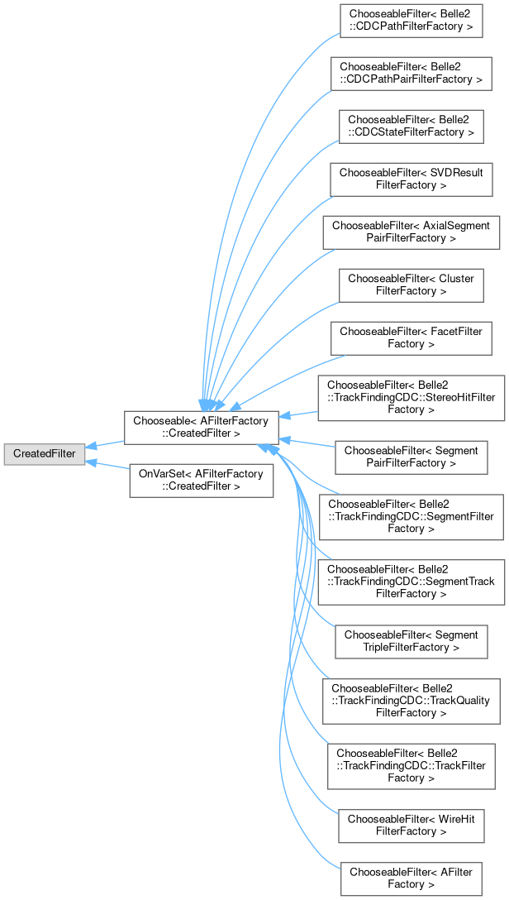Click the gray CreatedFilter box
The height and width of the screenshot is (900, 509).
coord(44,454)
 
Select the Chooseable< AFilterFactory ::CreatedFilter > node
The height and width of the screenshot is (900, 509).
coord(198,427)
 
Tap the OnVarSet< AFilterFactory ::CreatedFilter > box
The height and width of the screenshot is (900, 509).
coord(201,480)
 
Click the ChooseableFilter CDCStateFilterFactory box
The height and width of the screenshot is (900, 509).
coord(411,126)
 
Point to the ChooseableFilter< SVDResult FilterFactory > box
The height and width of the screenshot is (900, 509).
coord(411,179)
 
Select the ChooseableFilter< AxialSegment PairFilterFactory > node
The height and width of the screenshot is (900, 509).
coord(411,232)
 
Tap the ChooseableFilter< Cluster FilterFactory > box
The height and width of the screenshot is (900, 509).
coord(411,285)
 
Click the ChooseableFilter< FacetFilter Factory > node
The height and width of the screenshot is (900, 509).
coord(411,337)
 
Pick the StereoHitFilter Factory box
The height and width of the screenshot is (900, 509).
coord(411,398)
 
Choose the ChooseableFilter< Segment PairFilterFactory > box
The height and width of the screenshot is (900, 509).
coord(411,457)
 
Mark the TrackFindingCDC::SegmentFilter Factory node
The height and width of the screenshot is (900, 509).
coord(411,516)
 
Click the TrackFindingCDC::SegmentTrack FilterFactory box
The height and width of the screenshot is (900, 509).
coord(411,581)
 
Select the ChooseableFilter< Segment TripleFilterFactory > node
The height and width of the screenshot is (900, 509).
coord(411,640)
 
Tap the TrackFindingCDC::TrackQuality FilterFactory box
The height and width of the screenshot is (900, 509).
coord(411,700)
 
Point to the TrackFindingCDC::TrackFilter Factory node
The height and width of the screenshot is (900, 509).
coord(411,765)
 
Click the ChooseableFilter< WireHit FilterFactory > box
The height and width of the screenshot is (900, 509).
coord(411,825)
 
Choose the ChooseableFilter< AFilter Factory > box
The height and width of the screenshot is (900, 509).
coord(411,878)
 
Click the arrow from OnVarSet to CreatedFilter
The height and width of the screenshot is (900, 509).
coord(107,466)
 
